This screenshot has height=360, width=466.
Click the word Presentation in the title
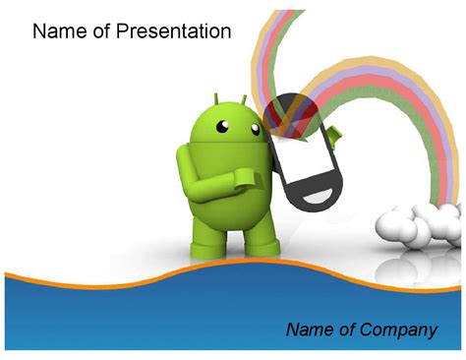[x=173, y=31]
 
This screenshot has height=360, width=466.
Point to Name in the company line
[x=309, y=330]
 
